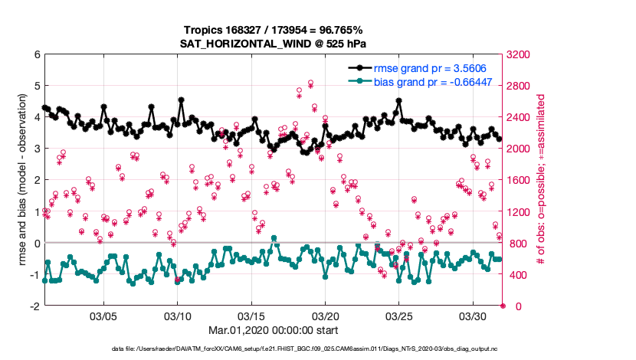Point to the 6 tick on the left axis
click(37, 54)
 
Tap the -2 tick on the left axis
click(35, 306)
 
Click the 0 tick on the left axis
click(37, 243)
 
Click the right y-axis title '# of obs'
click(543, 180)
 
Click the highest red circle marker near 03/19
click(310, 83)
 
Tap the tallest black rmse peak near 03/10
click(181, 100)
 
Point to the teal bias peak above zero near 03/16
click(274, 238)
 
